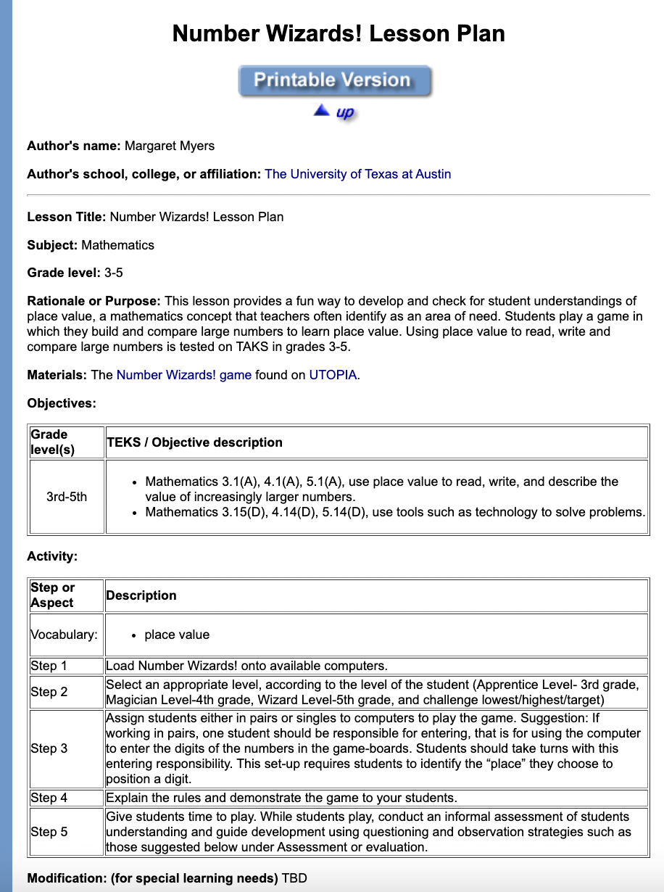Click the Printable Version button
click(x=334, y=80)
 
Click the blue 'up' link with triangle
click(x=335, y=112)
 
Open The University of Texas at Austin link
click(x=357, y=174)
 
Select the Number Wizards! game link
click(x=183, y=375)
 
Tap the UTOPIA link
click(x=333, y=375)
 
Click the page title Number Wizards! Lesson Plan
click(x=339, y=34)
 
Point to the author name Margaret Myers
click(x=170, y=146)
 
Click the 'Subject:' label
click(x=52, y=245)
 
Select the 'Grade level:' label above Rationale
click(x=64, y=273)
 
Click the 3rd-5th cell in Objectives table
click(x=66, y=497)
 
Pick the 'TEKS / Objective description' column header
click(x=194, y=442)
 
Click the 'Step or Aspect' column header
click(x=52, y=595)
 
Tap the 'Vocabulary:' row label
click(x=64, y=635)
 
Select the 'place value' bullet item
click(x=177, y=635)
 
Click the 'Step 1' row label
click(x=49, y=666)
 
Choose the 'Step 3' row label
click(x=49, y=748)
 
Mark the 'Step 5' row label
click(x=49, y=832)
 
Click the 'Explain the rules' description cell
click(x=281, y=798)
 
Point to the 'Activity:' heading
click(x=52, y=556)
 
